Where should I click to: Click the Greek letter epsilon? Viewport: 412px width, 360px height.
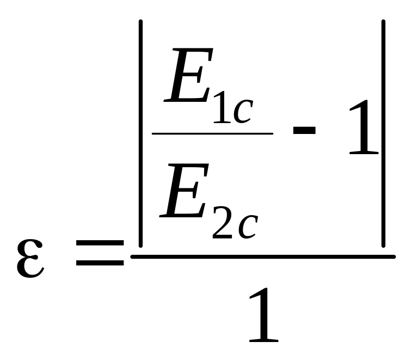point(30,259)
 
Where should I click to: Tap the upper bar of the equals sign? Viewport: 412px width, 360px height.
point(100,243)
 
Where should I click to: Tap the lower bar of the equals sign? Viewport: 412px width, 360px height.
point(100,263)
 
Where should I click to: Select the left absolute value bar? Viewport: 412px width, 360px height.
point(140,133)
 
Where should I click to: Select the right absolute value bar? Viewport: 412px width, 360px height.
point(383,133)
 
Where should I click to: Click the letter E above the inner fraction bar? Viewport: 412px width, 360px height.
point(188,75)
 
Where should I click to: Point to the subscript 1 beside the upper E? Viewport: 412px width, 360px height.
point(222,107)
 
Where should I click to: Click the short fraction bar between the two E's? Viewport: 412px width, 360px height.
point(213,133)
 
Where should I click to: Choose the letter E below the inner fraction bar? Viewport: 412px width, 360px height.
point(184,191)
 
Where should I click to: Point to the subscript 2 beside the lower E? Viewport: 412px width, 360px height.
point(222,222)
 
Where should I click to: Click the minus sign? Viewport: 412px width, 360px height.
point(304,131)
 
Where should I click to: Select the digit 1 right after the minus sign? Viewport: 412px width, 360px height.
point(364,127)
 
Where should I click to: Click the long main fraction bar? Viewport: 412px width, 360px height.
point(263,257)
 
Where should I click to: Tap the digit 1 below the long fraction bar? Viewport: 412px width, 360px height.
point(264,315)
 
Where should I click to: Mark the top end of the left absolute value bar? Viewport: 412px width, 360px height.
point(140,21)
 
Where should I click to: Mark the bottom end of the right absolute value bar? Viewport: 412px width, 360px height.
point(383,246)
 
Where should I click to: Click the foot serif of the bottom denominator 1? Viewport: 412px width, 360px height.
point(264,341)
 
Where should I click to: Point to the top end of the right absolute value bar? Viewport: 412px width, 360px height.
point(383,21)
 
